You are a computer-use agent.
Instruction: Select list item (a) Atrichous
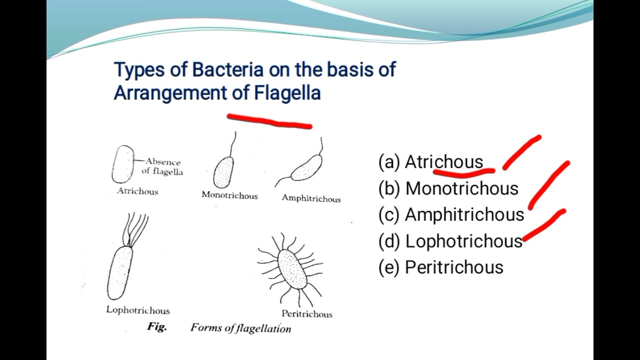(x=431, y=162)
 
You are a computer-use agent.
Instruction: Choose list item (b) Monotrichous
(x=448, y=188)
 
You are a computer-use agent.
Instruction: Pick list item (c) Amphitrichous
(x=451, y=214)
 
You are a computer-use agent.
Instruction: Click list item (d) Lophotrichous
(x=450, y=241)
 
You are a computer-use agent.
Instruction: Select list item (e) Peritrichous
(x=441, y=267)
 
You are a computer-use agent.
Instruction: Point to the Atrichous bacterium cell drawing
(x=123, y=164)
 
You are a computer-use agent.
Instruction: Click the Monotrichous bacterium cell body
(x=223, y=172)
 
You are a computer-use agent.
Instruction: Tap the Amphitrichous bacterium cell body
(x=306, y=168)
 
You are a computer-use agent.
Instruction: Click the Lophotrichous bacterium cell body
(x=120, y=272)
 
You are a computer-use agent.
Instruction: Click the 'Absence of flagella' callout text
(x=162, y=166)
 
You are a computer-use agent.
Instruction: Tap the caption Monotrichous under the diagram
(x=229, y=195)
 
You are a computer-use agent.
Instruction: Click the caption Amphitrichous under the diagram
(x=311, y=198)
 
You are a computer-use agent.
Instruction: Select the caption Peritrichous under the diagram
(x=306, y=314)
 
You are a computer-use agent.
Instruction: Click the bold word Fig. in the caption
(x=156, y=327)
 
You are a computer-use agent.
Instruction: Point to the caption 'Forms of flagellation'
(x=240, y=328)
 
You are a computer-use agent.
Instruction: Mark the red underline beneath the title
(x=270, y=121)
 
